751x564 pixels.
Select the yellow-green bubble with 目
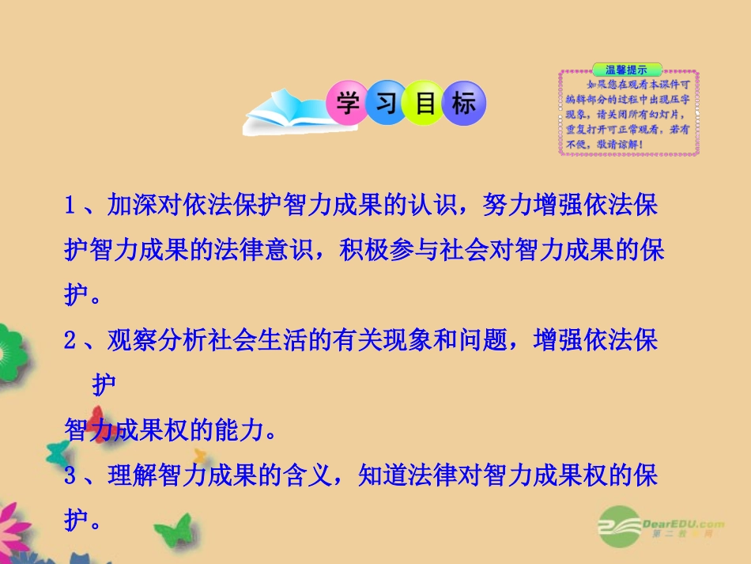point(424,104)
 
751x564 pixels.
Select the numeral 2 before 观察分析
point(69,342)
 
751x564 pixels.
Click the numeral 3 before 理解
point(69,476)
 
